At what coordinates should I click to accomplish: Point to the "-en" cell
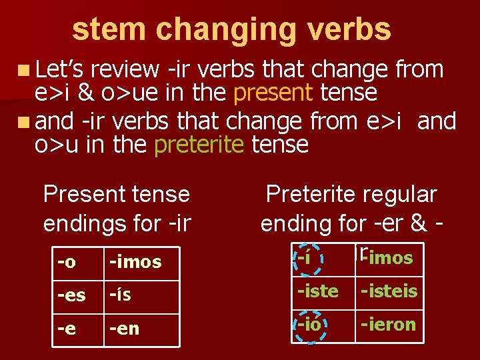[125, 328]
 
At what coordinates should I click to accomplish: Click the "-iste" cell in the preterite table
[318, 291]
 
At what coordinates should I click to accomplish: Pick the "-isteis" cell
[389, 291]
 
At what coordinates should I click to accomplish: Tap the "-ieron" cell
[389, 325]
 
